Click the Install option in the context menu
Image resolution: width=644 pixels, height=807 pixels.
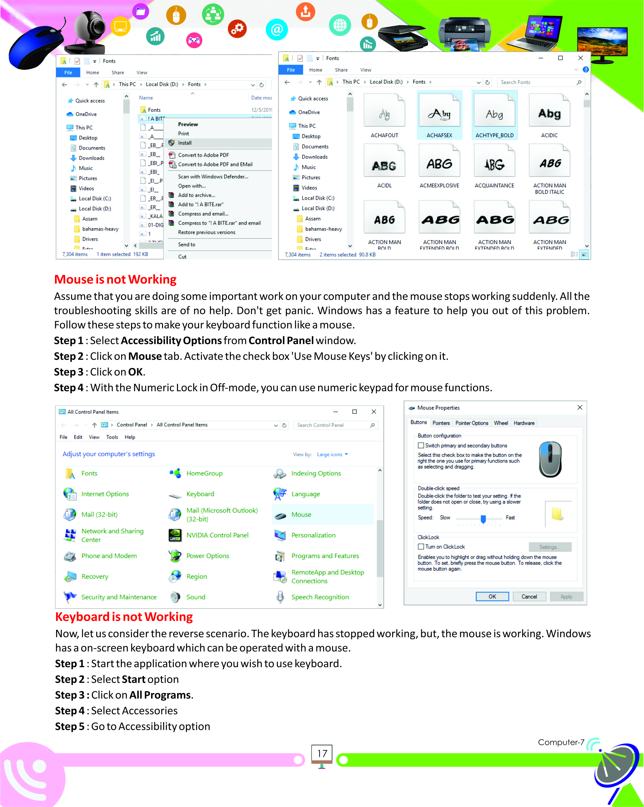(185, 143)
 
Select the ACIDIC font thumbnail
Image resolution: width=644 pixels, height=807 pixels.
(549, 116)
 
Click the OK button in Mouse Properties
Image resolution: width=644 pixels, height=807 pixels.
(492, 596)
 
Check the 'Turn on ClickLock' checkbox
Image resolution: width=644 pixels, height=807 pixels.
(421, 546)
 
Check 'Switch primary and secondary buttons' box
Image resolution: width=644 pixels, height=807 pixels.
(421, 445)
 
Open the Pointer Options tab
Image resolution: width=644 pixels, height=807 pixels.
(471, 423)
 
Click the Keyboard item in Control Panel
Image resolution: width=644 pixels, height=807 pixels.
(200, 494)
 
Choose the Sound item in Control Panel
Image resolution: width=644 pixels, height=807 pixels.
(196, 597)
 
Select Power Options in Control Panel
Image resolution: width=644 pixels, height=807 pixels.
(208, 556)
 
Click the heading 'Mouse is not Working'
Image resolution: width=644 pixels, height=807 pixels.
(115, 279)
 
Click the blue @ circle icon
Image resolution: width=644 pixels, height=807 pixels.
(277, 29)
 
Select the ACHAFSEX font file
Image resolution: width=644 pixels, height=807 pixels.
(439, 116)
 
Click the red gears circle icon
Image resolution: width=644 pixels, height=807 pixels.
(237, 29)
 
